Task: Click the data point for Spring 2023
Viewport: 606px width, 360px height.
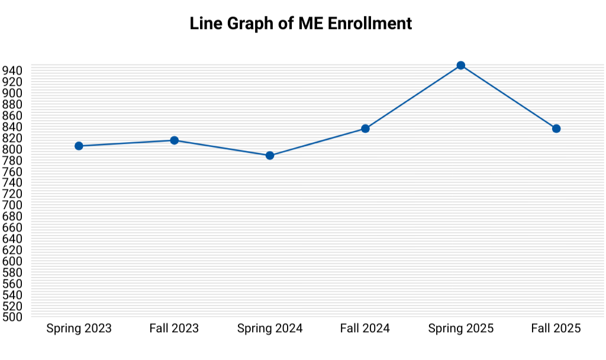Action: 79,146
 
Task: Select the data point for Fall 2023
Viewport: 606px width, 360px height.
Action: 175,140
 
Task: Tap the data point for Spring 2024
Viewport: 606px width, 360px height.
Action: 270,156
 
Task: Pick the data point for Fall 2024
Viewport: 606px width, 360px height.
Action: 365,128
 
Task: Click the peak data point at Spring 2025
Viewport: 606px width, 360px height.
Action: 461,65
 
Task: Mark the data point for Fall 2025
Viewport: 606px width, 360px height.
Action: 556,128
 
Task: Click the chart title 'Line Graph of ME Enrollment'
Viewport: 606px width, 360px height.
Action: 301,24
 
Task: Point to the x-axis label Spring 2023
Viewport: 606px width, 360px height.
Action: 79,328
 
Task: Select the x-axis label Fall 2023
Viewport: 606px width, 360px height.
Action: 174,328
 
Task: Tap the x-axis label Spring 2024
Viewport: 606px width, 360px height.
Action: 270,328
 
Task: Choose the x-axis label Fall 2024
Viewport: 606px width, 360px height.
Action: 365,328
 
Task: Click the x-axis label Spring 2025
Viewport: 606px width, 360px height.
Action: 461,328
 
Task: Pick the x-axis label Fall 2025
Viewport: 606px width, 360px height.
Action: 556,328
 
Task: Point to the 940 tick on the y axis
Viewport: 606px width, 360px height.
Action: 14,70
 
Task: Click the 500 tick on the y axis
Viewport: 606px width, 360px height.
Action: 14,317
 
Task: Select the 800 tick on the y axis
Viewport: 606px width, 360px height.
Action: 14,149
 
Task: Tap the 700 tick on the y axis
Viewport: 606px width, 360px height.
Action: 14,205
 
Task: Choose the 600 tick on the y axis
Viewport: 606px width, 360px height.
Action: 14,261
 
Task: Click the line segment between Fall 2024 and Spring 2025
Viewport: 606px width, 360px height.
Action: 413,97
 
